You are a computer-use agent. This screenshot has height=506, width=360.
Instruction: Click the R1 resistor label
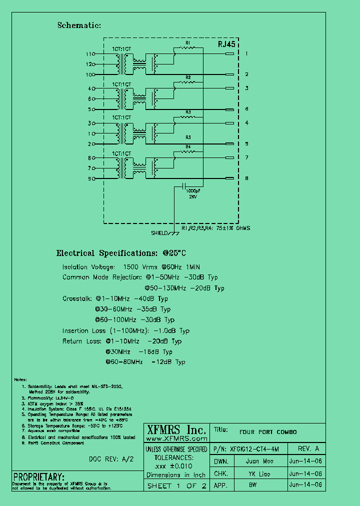point(188,43)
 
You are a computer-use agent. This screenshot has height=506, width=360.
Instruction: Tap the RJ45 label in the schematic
point(226,44)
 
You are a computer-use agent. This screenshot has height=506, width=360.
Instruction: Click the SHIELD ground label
point(159,233)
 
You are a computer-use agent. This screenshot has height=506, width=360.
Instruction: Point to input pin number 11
point(89,54)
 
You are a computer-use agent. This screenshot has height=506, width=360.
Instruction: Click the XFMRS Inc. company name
point(175,430)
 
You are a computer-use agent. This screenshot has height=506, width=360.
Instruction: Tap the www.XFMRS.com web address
point(175,438)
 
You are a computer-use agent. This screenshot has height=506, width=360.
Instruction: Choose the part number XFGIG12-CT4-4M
point(258,448)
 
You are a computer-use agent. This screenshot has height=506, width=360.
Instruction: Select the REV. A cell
point(311,448)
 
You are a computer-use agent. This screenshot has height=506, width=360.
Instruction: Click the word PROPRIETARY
point(39,476)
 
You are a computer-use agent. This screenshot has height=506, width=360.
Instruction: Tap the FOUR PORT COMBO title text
point(268,432)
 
